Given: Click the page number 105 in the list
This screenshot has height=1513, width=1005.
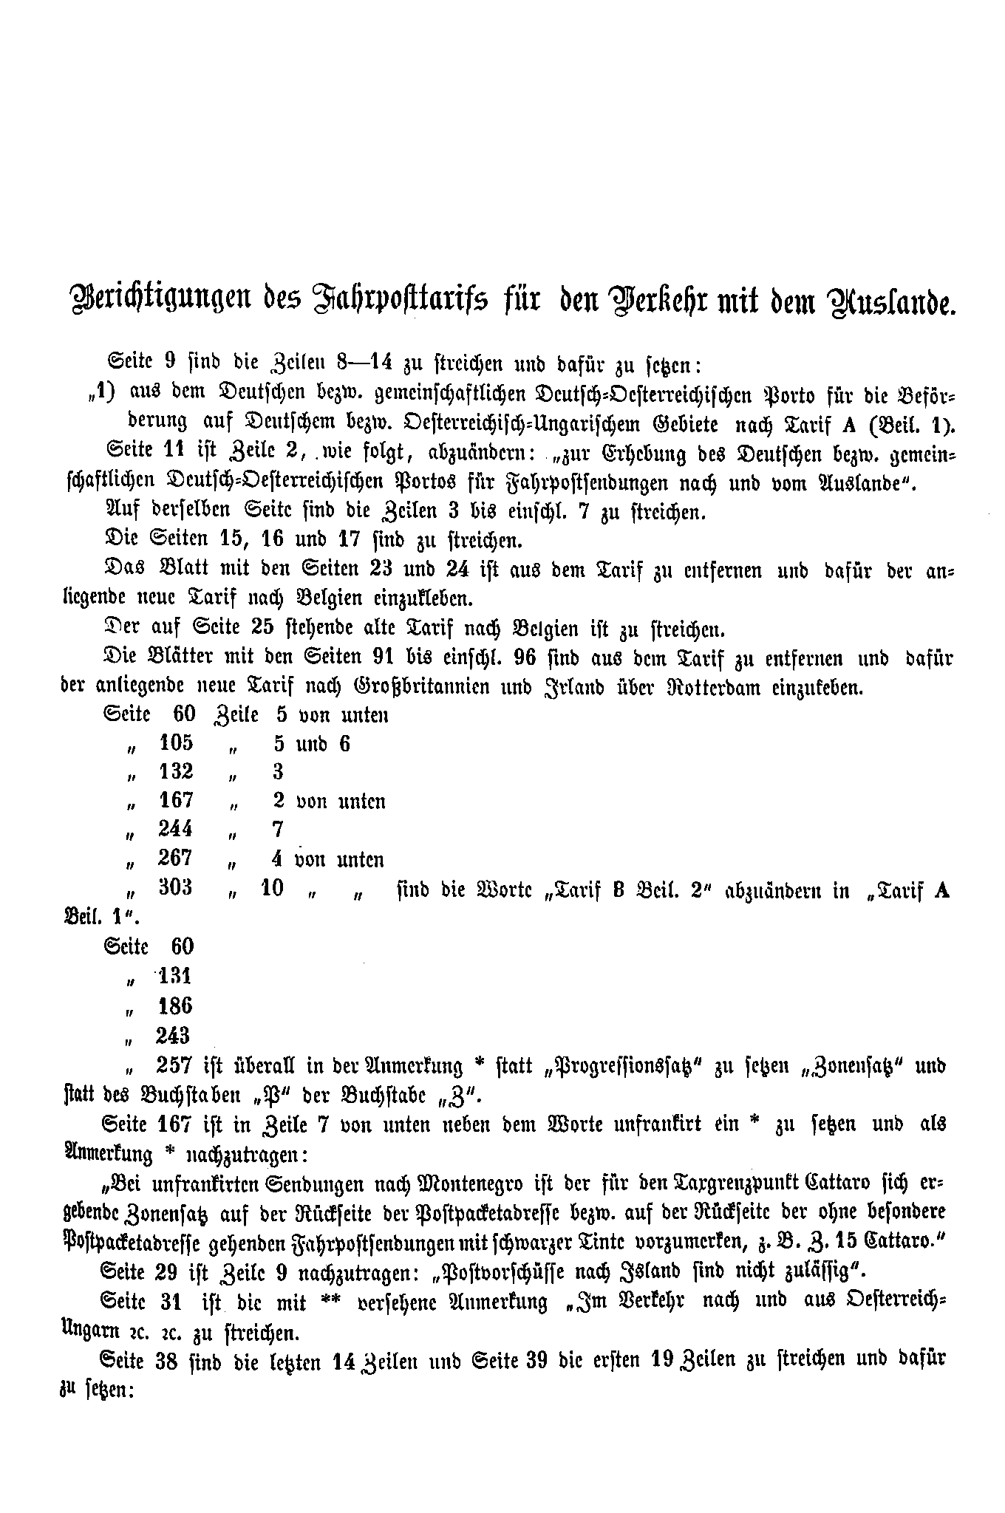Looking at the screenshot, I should pos(175,742).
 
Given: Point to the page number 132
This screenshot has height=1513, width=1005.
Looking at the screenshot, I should pos(175,771).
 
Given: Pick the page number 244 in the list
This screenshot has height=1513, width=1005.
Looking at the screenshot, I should pos(175,829).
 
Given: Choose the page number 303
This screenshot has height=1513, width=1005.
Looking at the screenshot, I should pos(175,887).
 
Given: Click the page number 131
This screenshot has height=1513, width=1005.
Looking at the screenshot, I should pos(175,976).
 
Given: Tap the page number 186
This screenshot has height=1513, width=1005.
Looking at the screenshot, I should pos(175,1005).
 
